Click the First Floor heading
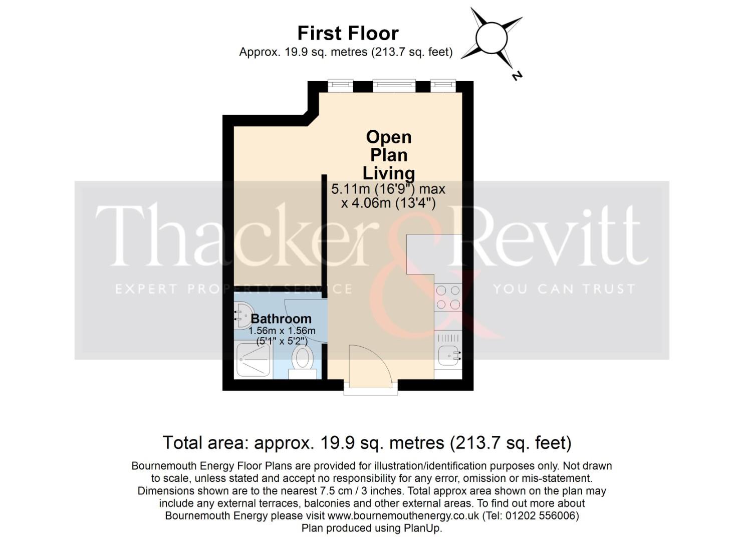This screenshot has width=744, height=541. point(348,33)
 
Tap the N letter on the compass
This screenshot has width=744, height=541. point(517,76)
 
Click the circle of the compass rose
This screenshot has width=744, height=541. point(491,38)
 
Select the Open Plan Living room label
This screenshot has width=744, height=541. point(388,155)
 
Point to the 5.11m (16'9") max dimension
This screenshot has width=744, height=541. point(388,189)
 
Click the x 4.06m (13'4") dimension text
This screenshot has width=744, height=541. point(388,203)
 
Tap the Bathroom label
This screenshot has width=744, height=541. point(281,319)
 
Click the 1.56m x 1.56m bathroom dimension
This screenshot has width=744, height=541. point(282,331)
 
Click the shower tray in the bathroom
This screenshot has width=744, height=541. point(254,360)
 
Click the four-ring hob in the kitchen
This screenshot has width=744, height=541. point(448,297)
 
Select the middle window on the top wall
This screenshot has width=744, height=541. point(394,86)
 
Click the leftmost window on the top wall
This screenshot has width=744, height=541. point(341,86)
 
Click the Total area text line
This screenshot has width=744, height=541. point(367,443)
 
